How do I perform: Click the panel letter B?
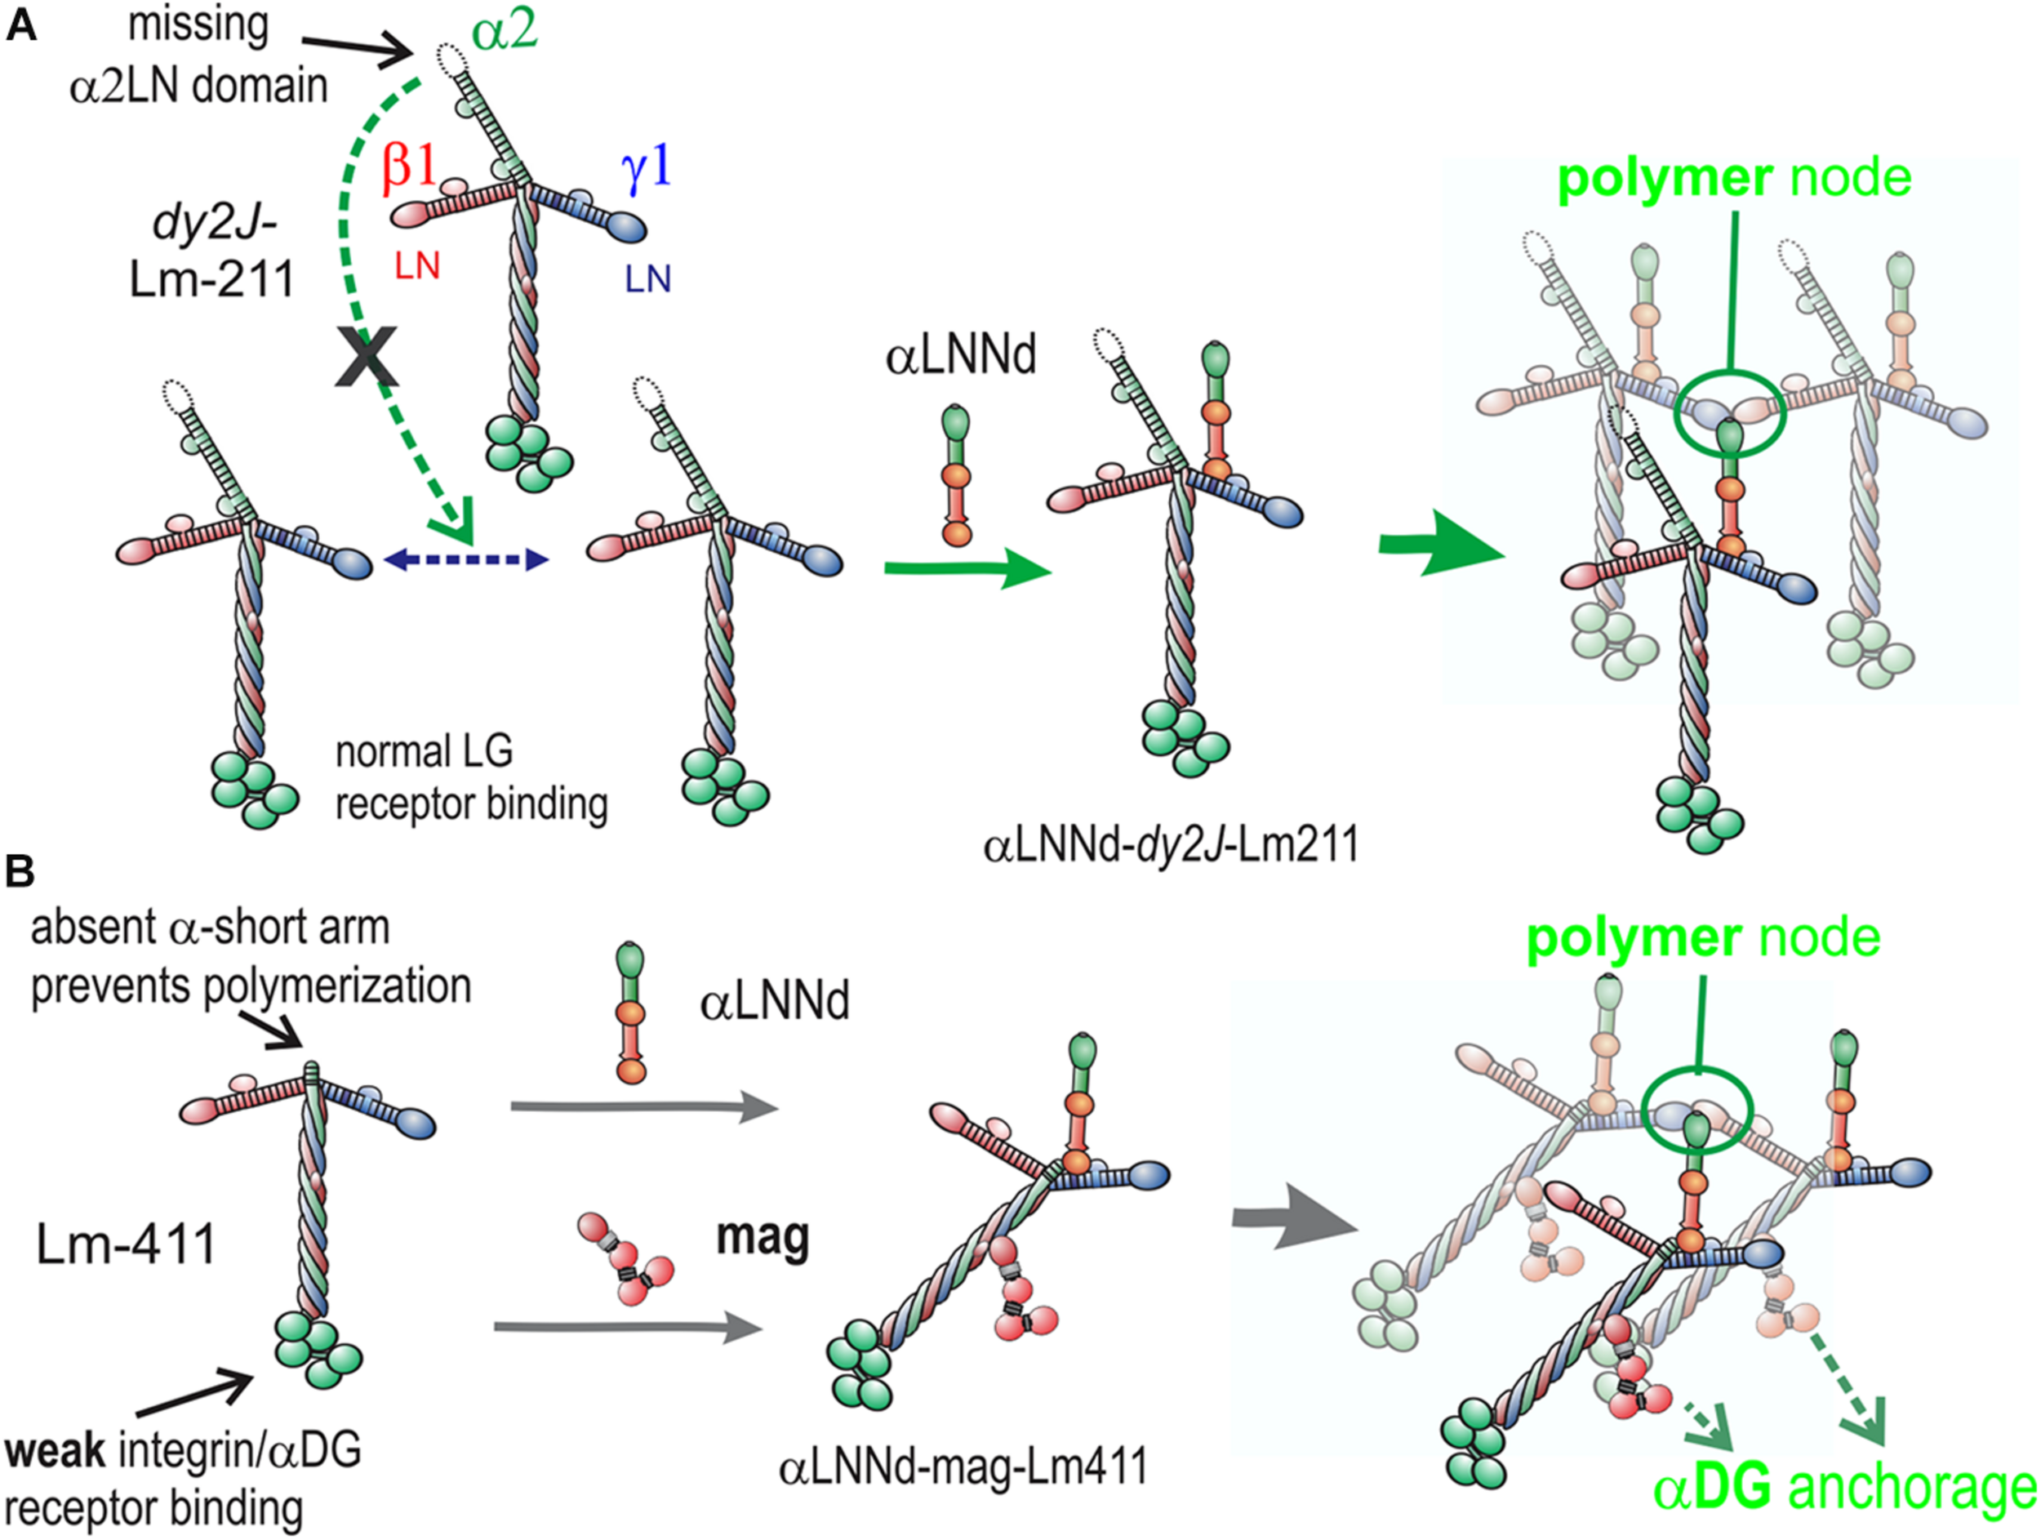[20, 872]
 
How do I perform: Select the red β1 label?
[409, 170]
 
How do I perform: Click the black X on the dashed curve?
[367, 356]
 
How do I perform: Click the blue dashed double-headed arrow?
[466, 559]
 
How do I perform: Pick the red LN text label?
[417, 267]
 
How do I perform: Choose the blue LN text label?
[647, 279]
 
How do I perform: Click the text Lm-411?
[127, 1244]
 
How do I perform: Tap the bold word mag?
[763, 1237]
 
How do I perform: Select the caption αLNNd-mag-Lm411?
[963, 1465]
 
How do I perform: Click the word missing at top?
[198, 25]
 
